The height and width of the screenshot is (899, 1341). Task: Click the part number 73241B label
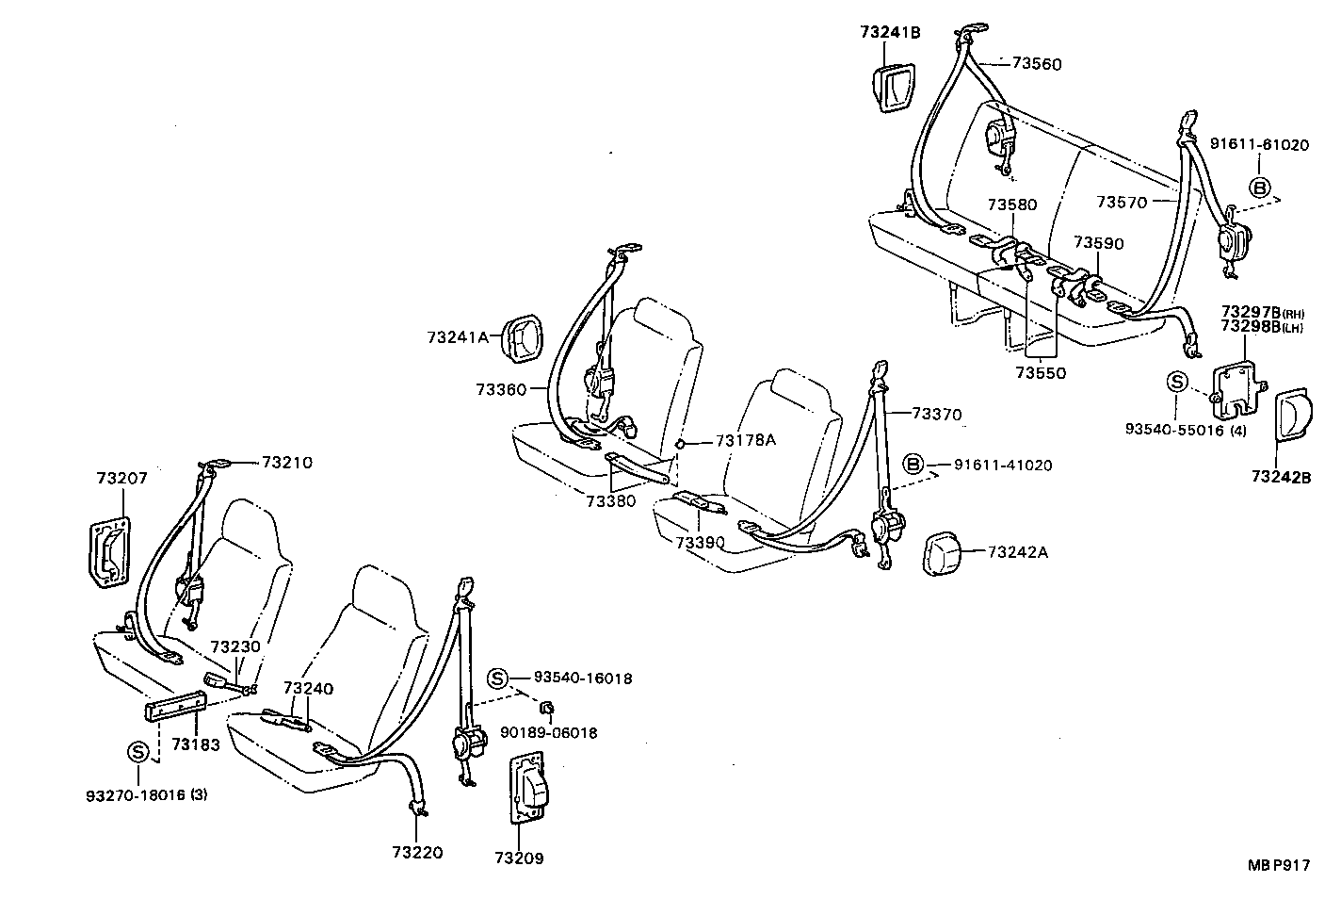point(889,32)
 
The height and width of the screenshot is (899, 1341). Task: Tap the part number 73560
point(1037,64)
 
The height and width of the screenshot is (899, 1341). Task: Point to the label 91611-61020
point(1259,145)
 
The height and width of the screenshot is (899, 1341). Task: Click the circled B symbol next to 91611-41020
point(912,464)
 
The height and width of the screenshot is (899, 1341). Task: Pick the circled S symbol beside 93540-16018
point(498,678)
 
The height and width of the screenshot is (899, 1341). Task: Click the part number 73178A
point(745,439)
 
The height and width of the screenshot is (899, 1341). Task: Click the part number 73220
point(417,853)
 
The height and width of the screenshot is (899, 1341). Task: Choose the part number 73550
point(1041,373)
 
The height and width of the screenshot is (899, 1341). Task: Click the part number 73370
point(937,413)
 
